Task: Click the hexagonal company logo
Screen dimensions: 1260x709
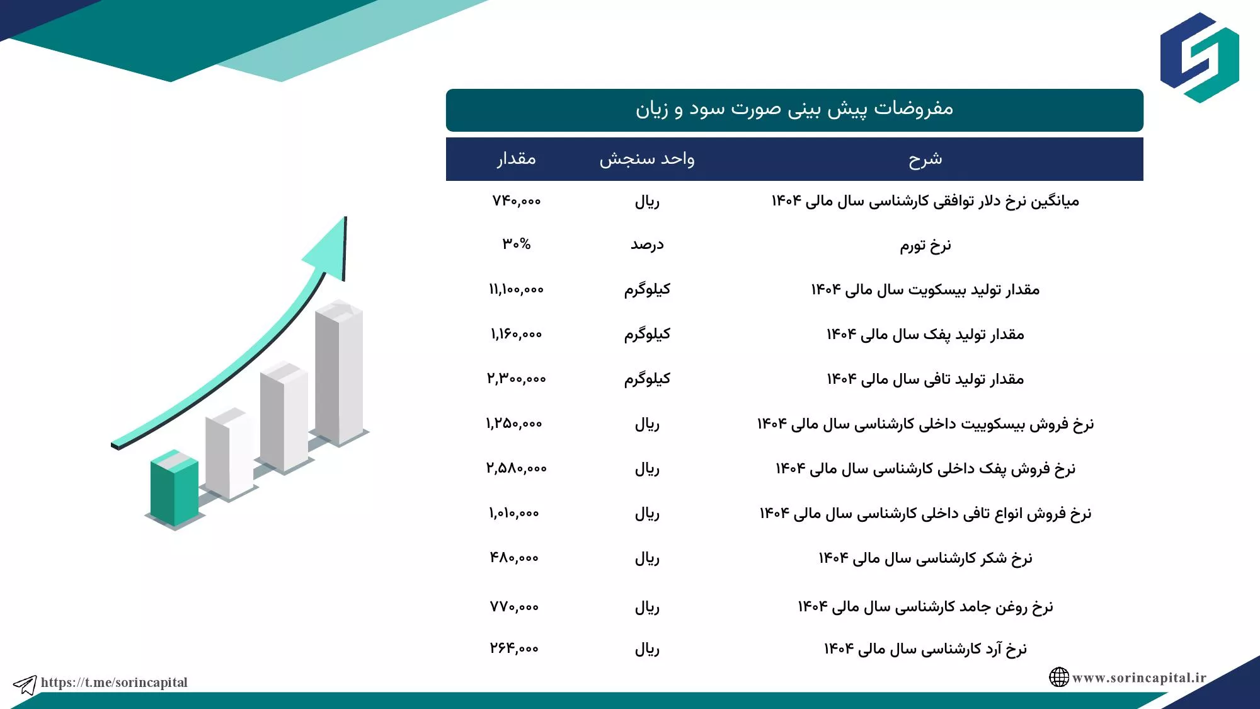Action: (1200, 57)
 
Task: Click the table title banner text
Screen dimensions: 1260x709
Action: (794, 109)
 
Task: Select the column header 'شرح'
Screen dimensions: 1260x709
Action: (925, 159)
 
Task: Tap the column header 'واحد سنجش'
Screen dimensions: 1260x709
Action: (647, 159)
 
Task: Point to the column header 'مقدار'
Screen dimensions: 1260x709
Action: (516, 158)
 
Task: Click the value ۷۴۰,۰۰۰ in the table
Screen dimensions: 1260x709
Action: (516, 201)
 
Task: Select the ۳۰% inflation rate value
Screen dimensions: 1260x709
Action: (516, 244)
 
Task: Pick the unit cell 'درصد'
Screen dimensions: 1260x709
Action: (647, 245)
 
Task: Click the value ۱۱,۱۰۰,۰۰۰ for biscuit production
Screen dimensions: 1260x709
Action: (516, 289)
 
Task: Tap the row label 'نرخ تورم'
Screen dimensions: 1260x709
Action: (925, 245)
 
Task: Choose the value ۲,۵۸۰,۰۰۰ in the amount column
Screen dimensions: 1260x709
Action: (516, 468)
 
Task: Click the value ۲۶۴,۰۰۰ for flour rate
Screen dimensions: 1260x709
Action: (514, 648)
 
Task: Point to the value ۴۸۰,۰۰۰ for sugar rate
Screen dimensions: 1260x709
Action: (514, 558)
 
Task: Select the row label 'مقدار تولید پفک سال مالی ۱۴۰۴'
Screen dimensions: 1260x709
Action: (925, 335)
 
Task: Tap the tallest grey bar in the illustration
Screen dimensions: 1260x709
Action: (339, 372)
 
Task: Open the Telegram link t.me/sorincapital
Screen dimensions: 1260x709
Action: (114, 683)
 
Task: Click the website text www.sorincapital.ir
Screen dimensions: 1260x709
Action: (1139, 678)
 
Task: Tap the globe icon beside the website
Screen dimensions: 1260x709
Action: (1059, 677)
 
